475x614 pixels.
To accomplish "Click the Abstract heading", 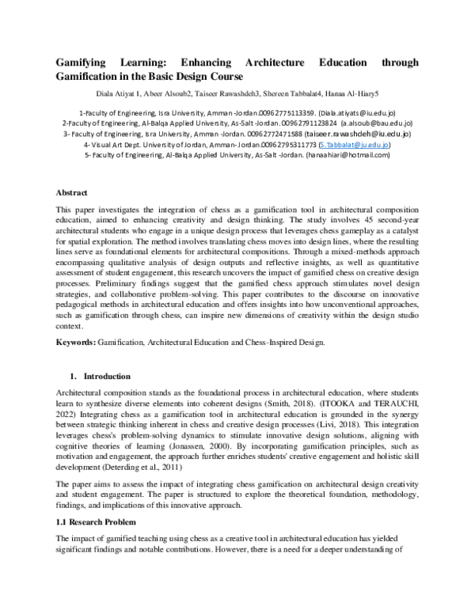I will (71, 192).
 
